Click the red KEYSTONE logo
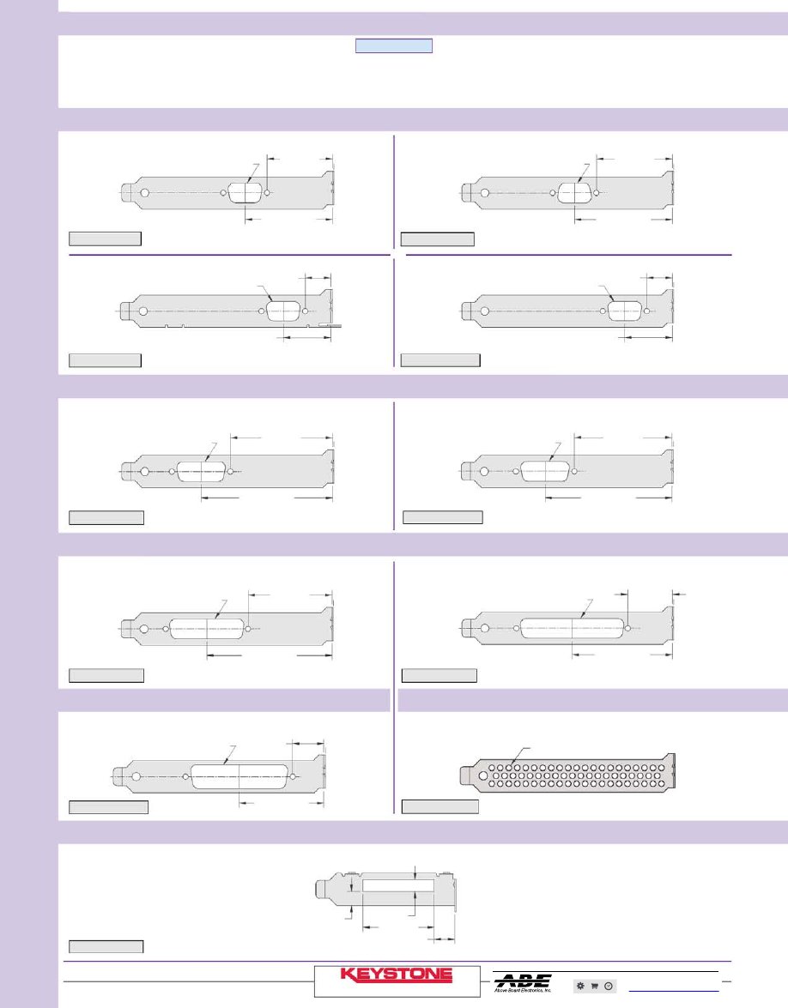[x=397, y=975]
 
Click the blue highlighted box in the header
[x=394, y=46]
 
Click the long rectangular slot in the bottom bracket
[x=388, y=884]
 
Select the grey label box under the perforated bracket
[x=440, y=806]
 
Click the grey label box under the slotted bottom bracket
[x=106, y=946]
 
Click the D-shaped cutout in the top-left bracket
[x=245, y=193]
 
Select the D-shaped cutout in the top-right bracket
[x=574, y=192]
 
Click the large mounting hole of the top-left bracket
[x=145, y=193]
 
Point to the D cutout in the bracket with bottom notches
[x=282, y=311]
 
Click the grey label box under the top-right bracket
[x=437, y=239]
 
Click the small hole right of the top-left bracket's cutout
[x=269, y=193]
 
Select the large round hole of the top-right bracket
[x=485, y=193]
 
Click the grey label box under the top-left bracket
[x=105, y=239]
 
